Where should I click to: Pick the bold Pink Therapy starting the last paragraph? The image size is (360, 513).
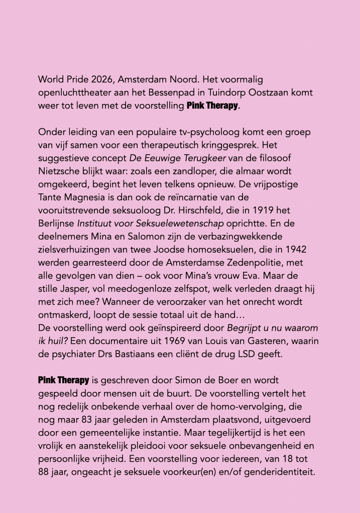(64, 379)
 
